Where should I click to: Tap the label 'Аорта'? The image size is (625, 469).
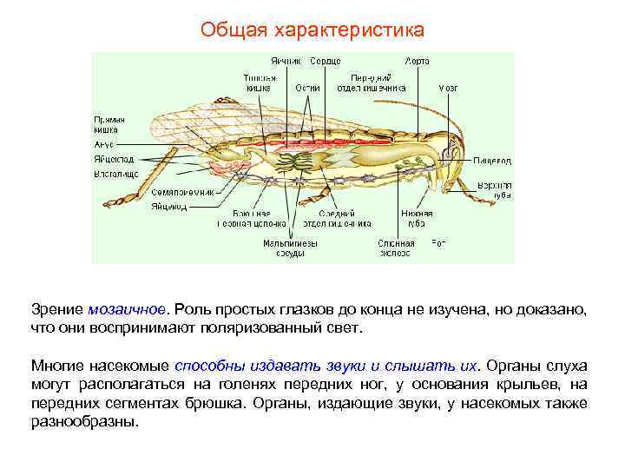416,62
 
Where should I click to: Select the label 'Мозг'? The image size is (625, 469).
448,88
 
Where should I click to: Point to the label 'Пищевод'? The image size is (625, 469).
492,161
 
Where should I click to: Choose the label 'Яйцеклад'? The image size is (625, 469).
115,160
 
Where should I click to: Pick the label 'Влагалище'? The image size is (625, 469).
115,175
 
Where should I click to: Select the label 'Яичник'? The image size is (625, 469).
285,62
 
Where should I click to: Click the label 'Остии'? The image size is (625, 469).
307,88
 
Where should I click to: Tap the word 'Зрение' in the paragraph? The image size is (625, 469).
56,310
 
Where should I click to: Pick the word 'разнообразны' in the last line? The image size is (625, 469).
83,423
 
